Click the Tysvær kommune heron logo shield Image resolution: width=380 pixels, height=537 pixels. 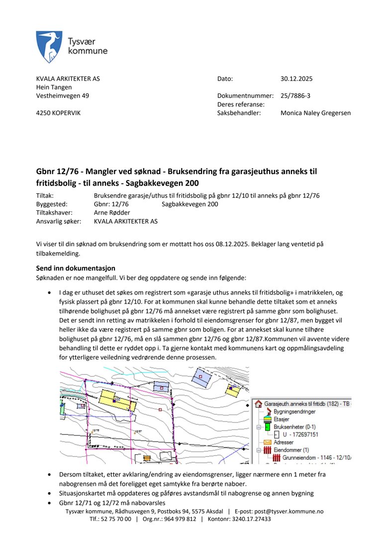click(49, 47)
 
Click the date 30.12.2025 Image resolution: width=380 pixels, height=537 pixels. click(296, 79)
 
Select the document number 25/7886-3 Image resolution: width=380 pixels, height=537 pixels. click(295, 95)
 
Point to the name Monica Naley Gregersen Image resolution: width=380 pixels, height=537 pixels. click(315, 113)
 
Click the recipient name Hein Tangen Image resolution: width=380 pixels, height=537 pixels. click(54, 87)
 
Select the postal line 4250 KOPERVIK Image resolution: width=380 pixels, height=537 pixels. click(58, 113)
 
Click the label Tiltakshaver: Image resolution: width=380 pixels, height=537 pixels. click(54, 212)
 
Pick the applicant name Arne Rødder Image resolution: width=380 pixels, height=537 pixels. click(112, 212)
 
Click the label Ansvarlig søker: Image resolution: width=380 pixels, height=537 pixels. click(58, 221)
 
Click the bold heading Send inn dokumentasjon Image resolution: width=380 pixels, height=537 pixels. click(76, 268)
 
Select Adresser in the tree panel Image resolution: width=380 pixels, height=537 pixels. click(284, 442)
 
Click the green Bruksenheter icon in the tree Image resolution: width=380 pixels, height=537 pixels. click(267, 427)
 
